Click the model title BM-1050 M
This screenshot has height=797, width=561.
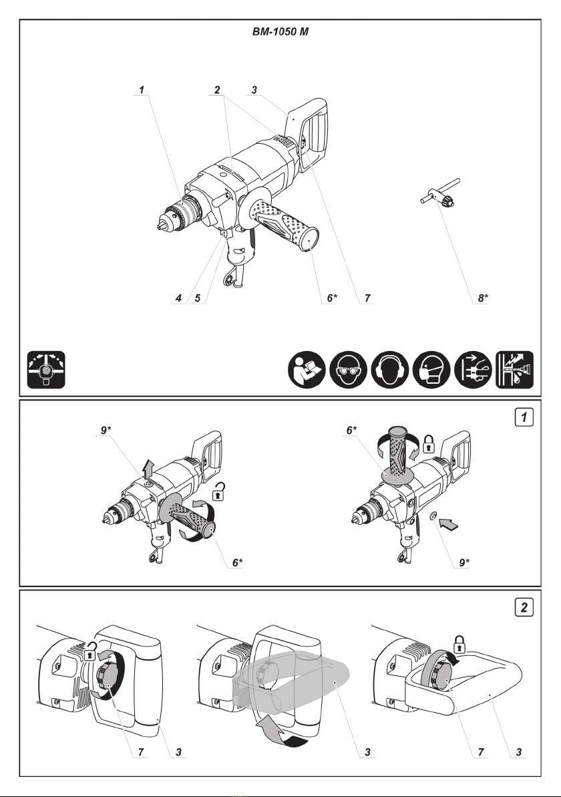pos(280,31)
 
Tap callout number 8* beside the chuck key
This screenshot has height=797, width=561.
pos(483,299)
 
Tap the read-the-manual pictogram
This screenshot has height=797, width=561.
pos(307,370)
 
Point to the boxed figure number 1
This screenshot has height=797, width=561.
pos(527,419)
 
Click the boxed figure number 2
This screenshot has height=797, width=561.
pos(527,608)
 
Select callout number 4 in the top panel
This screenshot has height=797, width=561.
pos(179,299)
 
